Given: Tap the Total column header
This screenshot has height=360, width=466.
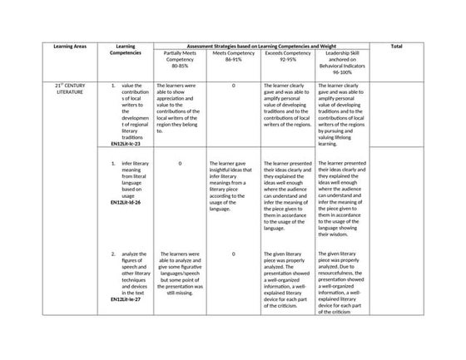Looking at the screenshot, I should pos(396,47).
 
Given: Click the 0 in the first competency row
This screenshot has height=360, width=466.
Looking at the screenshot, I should pos(234,86).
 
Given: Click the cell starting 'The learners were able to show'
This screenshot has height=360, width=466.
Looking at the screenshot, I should pos(179,108).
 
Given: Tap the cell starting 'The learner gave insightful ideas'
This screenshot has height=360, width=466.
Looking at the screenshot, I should pos(233,186).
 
